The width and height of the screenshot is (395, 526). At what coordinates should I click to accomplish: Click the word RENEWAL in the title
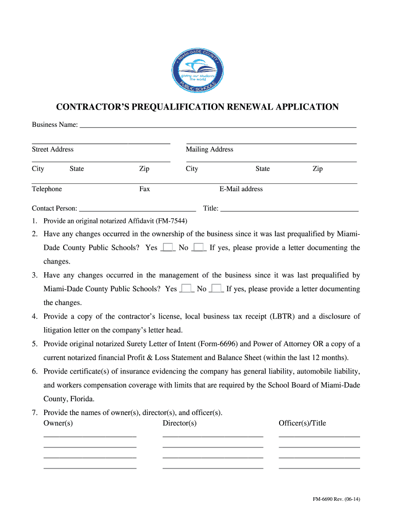[x=246, y=107]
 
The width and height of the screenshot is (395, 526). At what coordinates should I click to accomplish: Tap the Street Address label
[x=52, y=149]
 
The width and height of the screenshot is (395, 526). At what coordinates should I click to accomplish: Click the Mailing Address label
[x=209, y=149]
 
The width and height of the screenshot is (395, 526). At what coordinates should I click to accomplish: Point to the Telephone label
[x=47, y=189]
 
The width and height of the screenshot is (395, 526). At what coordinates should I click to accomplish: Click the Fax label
[x=145, y=189]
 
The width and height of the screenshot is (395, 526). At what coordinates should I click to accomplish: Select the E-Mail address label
[x=241, y=189]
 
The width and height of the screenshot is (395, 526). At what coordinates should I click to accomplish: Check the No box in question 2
[x=199, y=248]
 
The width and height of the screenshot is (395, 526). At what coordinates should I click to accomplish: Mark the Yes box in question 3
[x=187, y=289]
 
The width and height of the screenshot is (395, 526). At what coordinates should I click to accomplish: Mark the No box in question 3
[x=217, y=289]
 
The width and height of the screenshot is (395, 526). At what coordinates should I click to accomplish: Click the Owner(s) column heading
[x=58, y=423]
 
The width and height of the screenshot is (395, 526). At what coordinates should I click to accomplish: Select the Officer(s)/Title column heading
[x=302, y=423]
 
